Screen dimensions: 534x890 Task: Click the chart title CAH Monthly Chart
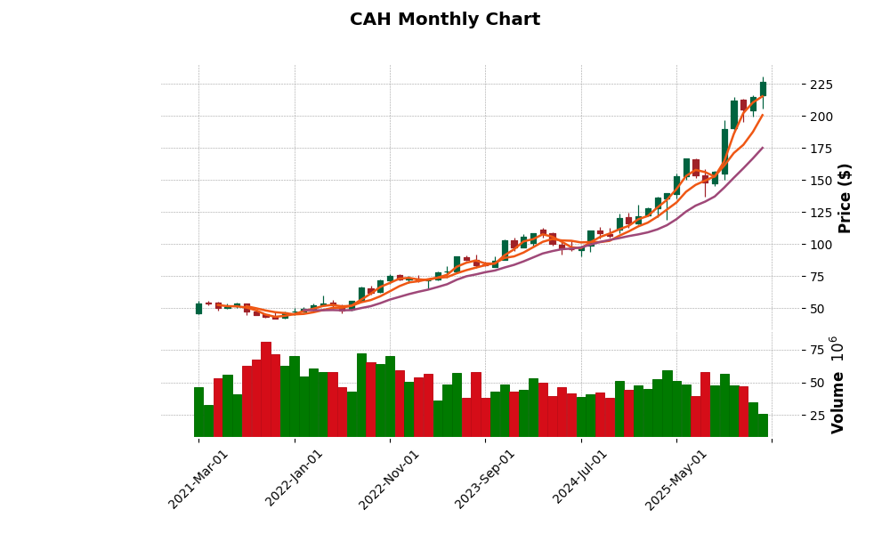click(x=444, y=20)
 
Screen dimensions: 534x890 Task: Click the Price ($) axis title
click(x=845, y=198)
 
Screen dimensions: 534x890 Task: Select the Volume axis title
click(x=837, y=384)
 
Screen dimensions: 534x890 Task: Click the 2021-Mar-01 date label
click(x=198, y=479)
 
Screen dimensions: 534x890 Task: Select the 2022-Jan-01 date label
click(x=295, y=479)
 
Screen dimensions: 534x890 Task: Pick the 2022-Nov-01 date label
click(x=390, y=479)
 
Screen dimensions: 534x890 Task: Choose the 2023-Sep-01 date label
click(x=486, y=479)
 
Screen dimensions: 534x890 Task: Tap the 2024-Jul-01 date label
click(x=581, y=479)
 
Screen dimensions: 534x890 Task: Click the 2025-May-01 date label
click(x=676, y=479)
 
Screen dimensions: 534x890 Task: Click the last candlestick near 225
click(x=763, y=89)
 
